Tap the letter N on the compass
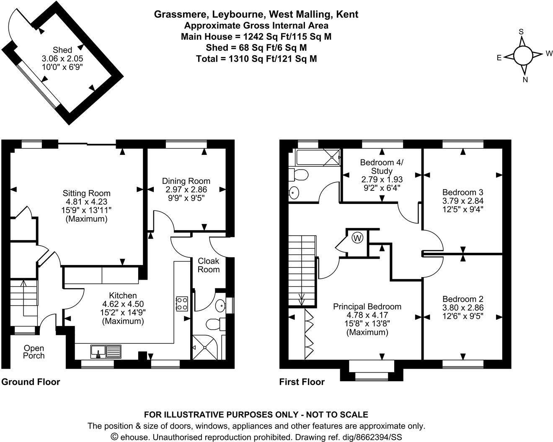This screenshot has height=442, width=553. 525,80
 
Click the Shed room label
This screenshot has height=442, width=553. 62,50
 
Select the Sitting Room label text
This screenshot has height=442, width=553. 86,193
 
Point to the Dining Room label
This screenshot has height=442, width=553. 186,181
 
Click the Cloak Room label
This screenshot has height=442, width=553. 209,265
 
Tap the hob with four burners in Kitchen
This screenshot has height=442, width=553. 181,303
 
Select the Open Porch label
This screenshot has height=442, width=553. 34,352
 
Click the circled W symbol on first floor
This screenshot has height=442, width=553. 357,239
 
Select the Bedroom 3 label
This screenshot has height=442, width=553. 463,193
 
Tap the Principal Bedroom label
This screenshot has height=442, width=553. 367,307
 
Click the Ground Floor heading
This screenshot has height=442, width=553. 31,382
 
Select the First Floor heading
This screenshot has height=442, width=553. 302,382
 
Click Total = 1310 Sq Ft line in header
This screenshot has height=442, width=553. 256,59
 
